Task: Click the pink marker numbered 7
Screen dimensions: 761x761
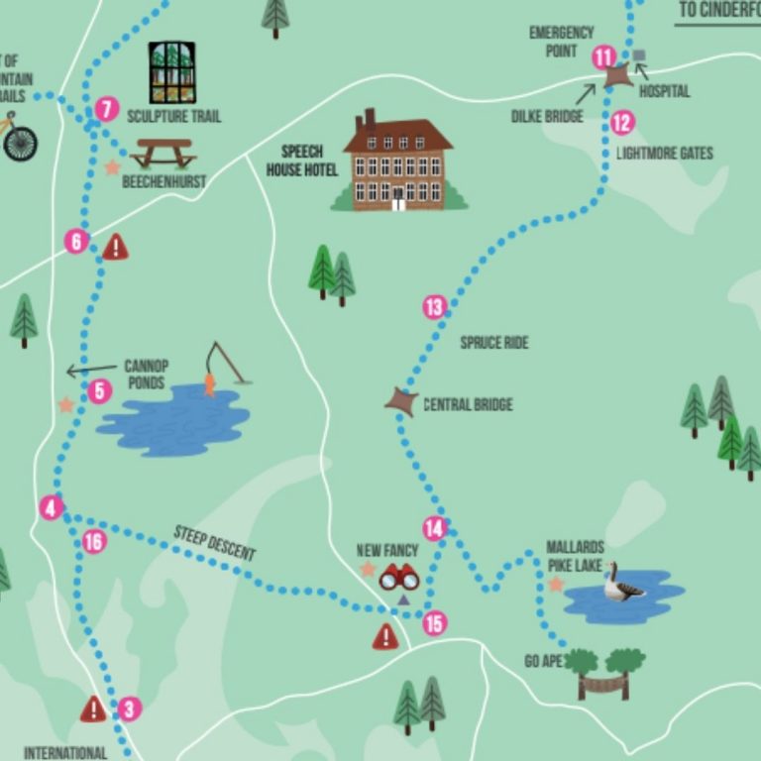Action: coord(107,109)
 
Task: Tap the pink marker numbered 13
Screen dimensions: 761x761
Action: coord(434,307)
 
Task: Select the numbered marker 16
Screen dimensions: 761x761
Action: coord(93,541)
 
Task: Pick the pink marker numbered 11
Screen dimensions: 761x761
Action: coord(603,57)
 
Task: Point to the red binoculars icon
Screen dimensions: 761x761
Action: coord(399,577)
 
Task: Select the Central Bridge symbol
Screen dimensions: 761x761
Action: coord(401,401)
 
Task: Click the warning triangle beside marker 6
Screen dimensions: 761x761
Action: coord(116,247)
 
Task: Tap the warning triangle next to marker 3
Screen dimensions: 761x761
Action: coord(93,708)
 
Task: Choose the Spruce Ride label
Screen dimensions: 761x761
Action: coord(494,343)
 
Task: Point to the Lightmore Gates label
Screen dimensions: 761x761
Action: coord(664,154)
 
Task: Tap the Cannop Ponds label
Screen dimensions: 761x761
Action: coord(147,374)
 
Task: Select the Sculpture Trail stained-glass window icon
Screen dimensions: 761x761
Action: coord(171,72)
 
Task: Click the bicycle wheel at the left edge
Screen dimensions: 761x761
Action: coord(19,142)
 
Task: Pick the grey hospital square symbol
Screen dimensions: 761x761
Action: coord(639,55)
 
